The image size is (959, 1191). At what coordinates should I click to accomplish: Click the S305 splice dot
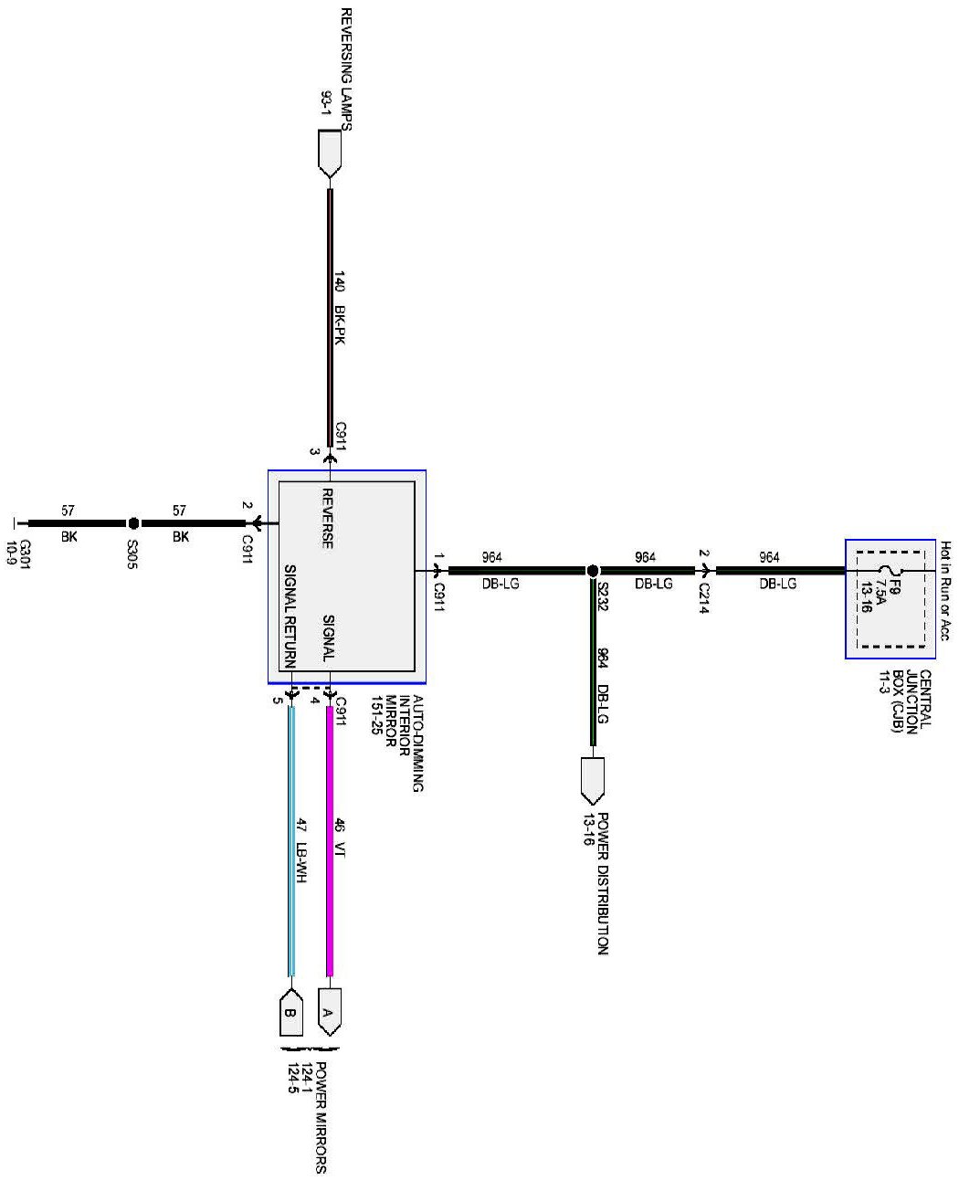coord(133,523)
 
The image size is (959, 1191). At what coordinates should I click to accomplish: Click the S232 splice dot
coord(592,571)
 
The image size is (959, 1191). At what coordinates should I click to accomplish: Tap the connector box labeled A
coord(329,1011)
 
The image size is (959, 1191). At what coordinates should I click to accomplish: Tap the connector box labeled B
coord(290,1012)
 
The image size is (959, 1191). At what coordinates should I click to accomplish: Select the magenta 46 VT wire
coord(330,840)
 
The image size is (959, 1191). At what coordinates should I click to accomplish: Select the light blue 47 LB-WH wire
coord(291,840)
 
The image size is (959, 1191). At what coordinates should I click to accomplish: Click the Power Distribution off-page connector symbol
coord(593,779)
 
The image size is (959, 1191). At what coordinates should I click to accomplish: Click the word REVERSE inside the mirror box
coord(327,518)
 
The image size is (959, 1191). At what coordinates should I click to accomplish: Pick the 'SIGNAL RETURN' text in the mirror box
coord(290,611)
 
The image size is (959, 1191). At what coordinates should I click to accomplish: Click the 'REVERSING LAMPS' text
coord(345,69)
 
